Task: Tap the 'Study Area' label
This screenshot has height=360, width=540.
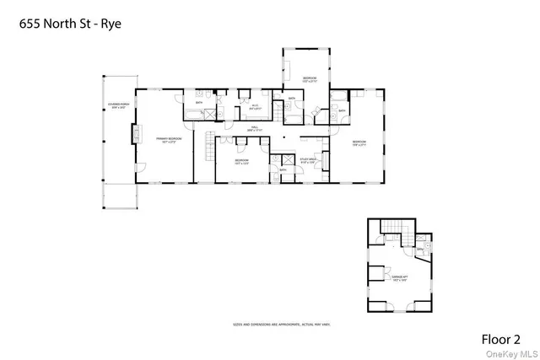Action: (x=307, y=159)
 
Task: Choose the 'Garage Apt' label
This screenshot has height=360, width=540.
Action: (x=399, y=277)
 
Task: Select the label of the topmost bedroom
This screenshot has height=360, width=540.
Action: (x=309, y=80)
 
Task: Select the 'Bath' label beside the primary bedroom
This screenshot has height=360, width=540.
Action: (x=199, y=103)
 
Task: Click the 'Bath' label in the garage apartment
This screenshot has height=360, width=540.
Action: (x=419, y=250)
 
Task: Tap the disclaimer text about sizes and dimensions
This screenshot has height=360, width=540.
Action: (x=269, y=323)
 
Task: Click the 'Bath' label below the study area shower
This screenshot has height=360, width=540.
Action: (x=283, y=169)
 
